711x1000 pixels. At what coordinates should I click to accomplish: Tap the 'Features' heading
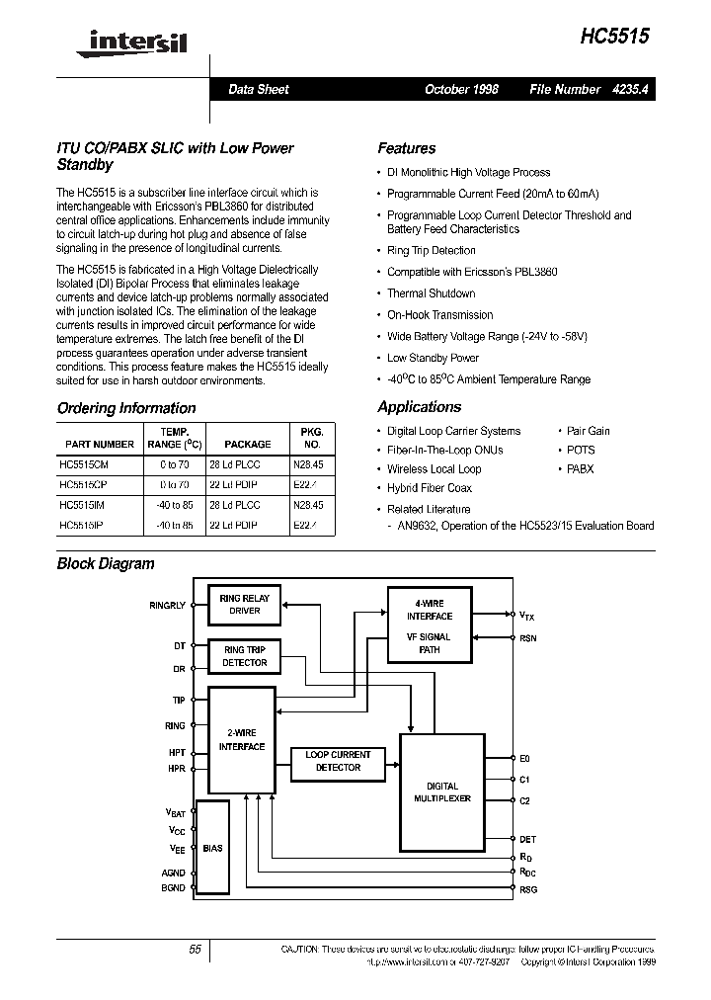pos(406,148)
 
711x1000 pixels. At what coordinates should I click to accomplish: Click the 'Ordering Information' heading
pos(126,408)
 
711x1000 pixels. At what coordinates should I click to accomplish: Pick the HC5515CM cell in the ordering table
pos(84,463)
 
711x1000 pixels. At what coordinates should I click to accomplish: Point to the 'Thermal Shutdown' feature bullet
pos(431,293)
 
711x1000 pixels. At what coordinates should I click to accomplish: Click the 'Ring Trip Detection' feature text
pos(431,251)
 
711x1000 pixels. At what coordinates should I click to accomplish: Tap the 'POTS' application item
pos(581,450)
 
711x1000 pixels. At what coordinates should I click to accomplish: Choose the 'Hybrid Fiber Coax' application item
pos(430,488)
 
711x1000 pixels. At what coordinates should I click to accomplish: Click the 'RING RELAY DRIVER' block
pos(245,605)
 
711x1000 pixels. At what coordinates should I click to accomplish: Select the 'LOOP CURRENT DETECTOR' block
pos(338,761)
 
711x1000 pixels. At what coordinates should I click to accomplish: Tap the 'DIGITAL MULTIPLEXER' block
pos(442,792)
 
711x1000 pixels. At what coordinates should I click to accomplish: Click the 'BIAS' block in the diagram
pos(212,848)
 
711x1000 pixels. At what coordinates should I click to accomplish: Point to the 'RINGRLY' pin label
pos(167,605)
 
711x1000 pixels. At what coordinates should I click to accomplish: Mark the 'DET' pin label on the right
pos(528,839)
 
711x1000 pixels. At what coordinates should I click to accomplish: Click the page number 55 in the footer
pos(195,949)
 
